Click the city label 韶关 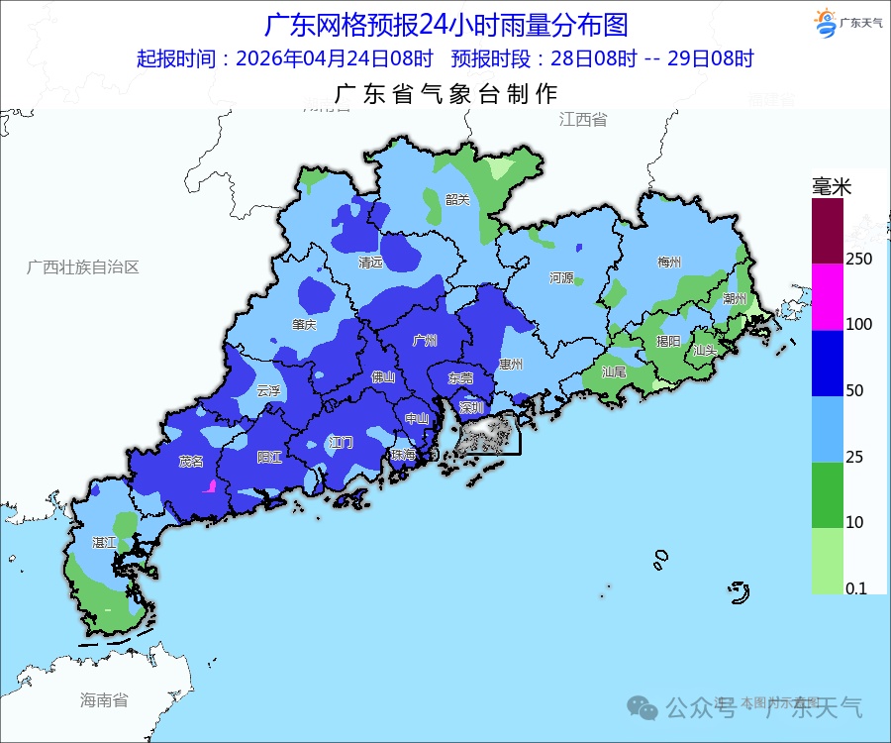457,199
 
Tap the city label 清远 371,263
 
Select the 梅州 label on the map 669,263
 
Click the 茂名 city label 191,461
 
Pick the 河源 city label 561,277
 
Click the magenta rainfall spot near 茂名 210,485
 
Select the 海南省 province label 104,700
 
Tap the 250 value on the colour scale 858,259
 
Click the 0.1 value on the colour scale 855,588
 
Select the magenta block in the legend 827,297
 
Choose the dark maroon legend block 827,231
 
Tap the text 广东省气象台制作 446,94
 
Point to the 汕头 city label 705,350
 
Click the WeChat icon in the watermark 645,707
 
